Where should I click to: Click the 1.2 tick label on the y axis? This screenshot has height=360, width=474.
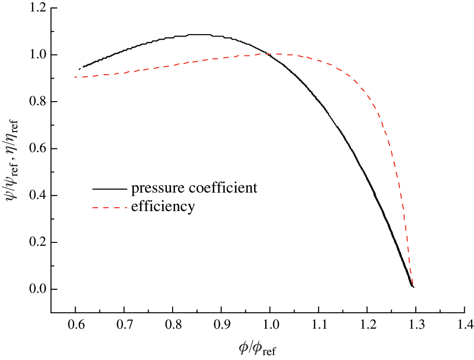(x=37, y=8)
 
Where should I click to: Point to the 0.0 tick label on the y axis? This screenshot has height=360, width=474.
(x=37, y=290)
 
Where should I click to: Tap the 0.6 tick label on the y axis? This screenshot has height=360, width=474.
(x=37, y=149)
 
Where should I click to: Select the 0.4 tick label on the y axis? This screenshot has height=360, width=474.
(x=37, y=196)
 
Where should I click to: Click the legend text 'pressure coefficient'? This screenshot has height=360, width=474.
(x=194, y=188)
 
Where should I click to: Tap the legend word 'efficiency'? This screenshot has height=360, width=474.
(x=163, y=207)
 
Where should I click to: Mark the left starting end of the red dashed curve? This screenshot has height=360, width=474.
(x=75, y=77)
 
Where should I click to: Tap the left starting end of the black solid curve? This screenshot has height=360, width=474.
(x=80, y=69)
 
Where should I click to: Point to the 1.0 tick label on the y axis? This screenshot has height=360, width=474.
(x=37, y=55)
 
